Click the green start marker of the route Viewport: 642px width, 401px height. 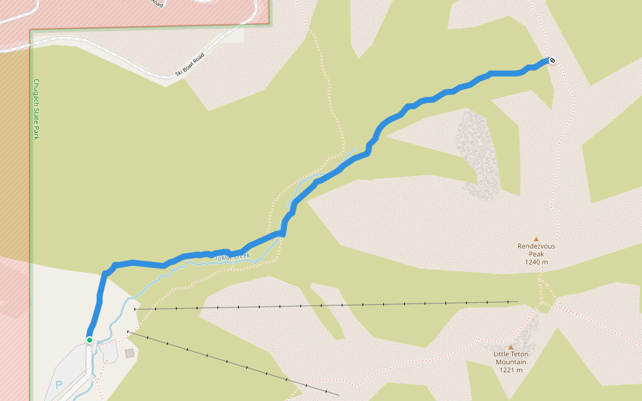(x=90, y=340)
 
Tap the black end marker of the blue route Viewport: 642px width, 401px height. (x=552, y=61)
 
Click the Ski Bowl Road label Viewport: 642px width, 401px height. (x=189, y=63)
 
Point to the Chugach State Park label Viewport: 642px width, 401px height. (x=36, y=109)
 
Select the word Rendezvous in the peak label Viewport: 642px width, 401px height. (x=536, y=246)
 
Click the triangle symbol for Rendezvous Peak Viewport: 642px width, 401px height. (x=536, y=239)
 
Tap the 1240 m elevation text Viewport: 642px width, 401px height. (x=536, y=262)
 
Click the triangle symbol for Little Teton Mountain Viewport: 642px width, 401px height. (x=511, y=347)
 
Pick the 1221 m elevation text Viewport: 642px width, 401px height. (x=510, y=370)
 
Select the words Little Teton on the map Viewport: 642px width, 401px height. (x=510, y=354)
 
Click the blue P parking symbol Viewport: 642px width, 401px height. (x=58, y=385)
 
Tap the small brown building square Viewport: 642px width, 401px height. (x=129, y=353)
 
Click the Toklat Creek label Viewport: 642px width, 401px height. (x=231, y=257)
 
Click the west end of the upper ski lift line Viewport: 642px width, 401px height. (x=135, y=309)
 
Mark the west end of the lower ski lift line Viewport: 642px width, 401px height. (x=127, y=331)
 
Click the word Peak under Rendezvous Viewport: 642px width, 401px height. (x=536, y=254)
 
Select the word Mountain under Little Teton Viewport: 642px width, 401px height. (x=510, y=362)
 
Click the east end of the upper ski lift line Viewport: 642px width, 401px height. (x=518, y=301)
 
